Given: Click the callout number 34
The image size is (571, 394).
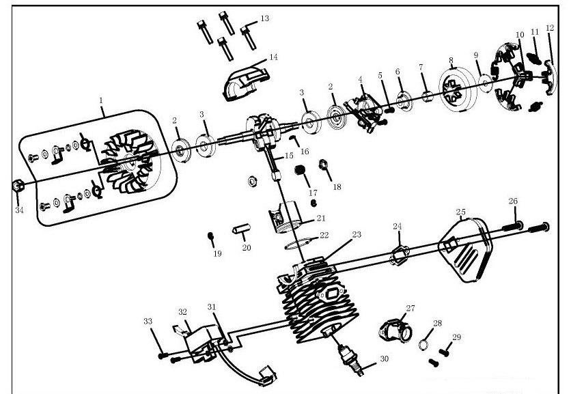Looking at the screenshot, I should (x=19, y=210).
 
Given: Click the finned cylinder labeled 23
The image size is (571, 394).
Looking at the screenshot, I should (x=316, y=297).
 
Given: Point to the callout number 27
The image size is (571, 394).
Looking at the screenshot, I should (x=410, y=308).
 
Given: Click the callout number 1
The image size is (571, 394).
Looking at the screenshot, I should (x=101, y=100).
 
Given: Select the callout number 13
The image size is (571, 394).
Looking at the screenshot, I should (x=264, y=18).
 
